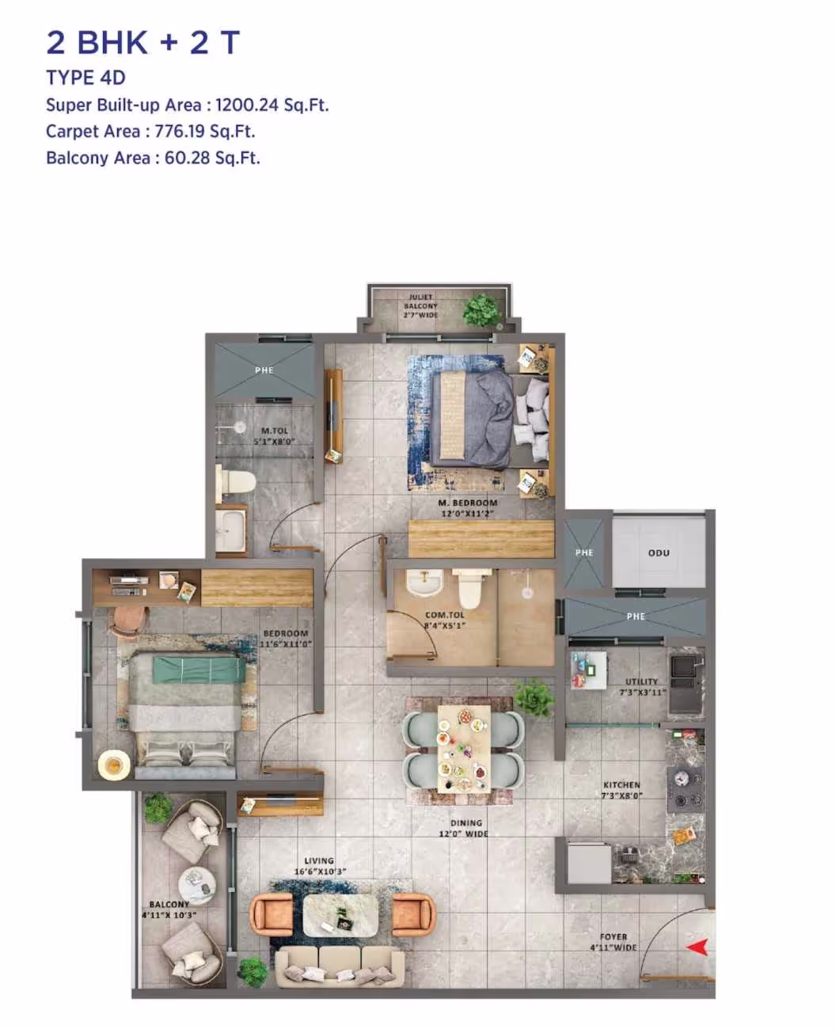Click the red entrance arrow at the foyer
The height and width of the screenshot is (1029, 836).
pyautogui.click(x=697, y=947)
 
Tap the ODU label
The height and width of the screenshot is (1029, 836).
pyautogui.click(x=659, y=552)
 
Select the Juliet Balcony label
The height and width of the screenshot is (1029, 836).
pyautogui.click(x=420, y=306)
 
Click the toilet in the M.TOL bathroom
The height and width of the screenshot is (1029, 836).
pyautogui.click(x=237, y=480)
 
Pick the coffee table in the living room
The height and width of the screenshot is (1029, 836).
pyautogui.click(x=341, y=915)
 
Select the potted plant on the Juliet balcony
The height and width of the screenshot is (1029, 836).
pyautogui.click(x=481, y=309)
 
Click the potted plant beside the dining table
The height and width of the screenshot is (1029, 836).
pyautogui.click(x=534, y=697)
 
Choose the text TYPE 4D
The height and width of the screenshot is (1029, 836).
pyautogui.click(x=85, y=78)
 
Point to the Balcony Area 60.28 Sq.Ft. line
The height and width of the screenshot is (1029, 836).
pyautogui.click(x=153, y=158)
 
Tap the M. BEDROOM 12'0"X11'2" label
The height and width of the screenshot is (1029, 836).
pyautogui.click(x=467, y=508)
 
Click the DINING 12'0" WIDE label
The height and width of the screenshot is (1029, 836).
pyautogui.click(x=465, y=828)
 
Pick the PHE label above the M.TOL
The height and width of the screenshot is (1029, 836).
pyautogui.click(x=264, y=370)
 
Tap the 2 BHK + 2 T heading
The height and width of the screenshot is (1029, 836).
pyautogui.click(x=142, y=43)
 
